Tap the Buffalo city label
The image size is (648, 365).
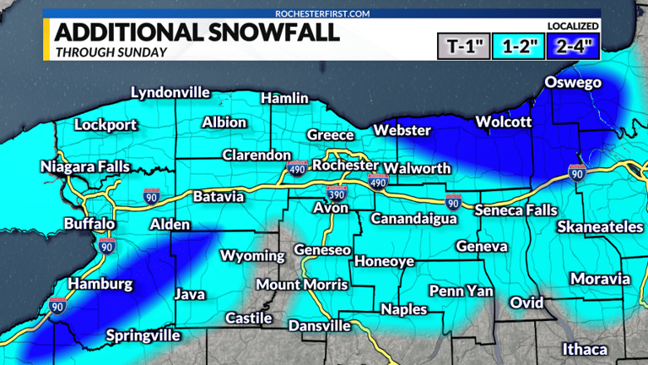89,224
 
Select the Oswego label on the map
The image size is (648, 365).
572,83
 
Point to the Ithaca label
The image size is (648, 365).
585,349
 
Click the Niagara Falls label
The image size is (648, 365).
85,167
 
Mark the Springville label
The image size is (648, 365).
143,335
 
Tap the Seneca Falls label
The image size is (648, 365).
514,210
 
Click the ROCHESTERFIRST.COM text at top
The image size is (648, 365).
323,14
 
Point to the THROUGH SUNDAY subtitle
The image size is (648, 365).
110,52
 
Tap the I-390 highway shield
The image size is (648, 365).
337,193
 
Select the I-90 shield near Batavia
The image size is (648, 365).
151,198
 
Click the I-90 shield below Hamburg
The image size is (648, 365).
57,305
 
